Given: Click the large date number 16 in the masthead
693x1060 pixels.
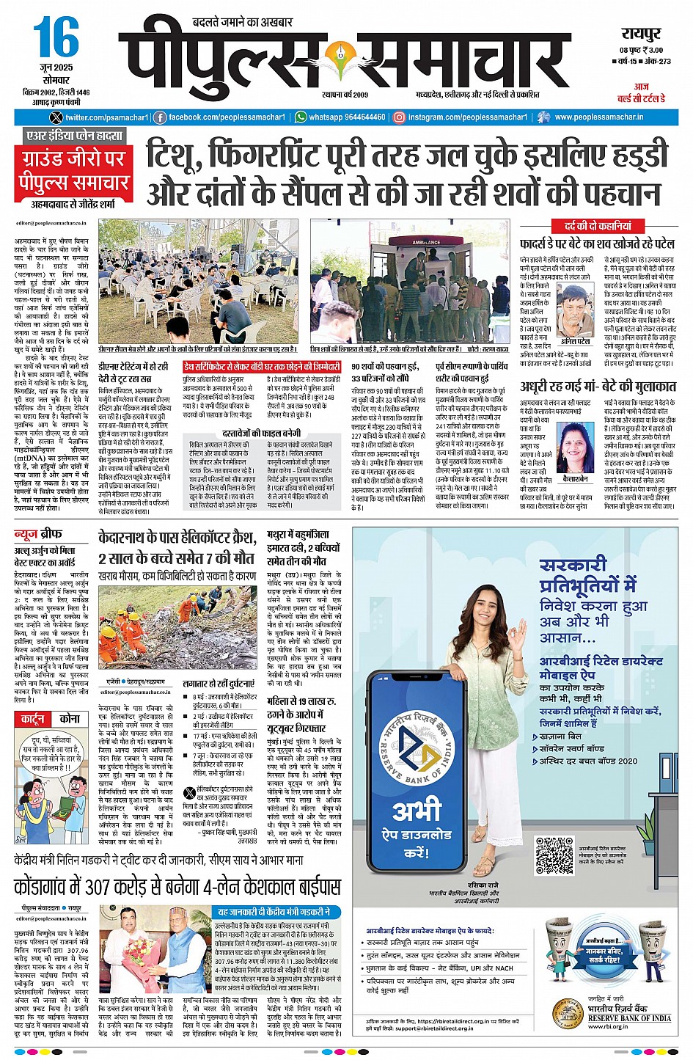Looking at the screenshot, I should tap(56, 38).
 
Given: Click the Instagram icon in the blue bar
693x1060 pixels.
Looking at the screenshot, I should tap(400, 117).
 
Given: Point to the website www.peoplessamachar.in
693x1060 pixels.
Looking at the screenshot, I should tap(598, 117).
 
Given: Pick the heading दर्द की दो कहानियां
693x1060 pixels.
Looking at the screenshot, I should tap(597, 226).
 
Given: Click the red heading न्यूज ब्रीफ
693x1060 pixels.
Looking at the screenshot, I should tap(39, 535).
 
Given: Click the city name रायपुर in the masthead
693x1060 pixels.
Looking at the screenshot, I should tap(641, 33).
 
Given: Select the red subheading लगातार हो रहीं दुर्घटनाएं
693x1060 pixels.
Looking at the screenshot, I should tap(219, 683).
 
